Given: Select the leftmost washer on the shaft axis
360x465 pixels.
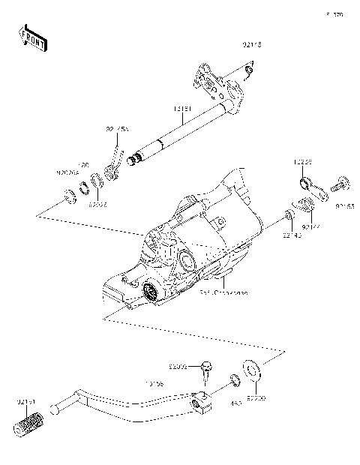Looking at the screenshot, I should [x=67, y=197].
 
